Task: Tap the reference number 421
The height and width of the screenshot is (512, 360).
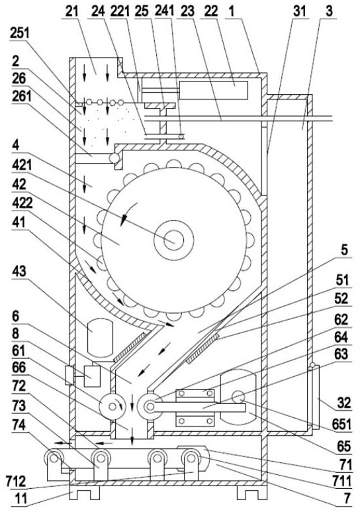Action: coord(22,166)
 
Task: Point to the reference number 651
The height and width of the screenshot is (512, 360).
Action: coord(341,425)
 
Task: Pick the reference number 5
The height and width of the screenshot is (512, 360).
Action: coord(344,250)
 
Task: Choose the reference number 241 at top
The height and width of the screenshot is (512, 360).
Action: coord(164,11)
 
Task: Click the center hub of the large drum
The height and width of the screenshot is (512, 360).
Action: coord(173,240)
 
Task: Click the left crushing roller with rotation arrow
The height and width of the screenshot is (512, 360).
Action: coord(112,407)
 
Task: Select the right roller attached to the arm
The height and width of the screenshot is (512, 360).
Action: coord(150,407)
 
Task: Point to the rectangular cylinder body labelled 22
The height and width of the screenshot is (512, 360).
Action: coord(213,90)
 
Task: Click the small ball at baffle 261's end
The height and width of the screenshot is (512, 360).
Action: coord(114,158)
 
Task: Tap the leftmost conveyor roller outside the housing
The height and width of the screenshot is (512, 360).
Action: coord(54,458)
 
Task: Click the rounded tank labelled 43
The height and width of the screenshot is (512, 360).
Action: coord(100,338)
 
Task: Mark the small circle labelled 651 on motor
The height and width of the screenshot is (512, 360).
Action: coord(238,397)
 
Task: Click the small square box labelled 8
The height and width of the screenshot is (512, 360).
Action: coord(92,376)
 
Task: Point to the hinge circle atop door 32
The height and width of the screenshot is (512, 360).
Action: coord(312,365)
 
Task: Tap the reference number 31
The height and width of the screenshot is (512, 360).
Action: coord(299,11)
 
